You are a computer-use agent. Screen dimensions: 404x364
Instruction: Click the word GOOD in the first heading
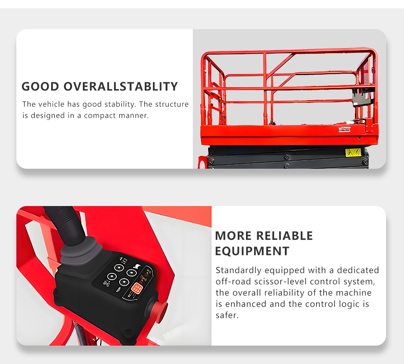pos(40,86)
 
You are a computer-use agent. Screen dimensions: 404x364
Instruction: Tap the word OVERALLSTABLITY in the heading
pos(121,86)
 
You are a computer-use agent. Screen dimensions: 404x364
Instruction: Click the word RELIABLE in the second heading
pos(284,236)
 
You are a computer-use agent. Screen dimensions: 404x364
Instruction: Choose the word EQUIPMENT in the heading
pos(252,251)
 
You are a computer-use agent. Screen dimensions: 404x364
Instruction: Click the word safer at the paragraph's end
pos(227,315)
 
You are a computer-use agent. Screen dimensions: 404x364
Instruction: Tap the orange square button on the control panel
pos(136,288)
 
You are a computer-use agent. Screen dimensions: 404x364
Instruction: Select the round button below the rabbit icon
pos(131,272)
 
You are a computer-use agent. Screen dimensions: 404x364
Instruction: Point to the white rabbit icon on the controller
pos(136,266)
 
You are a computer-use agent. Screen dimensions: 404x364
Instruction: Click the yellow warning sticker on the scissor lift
pos(353,152)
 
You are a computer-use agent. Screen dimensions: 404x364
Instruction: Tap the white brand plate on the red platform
pos(345,129)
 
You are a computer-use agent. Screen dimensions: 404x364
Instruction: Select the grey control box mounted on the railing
pos(363,97)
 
